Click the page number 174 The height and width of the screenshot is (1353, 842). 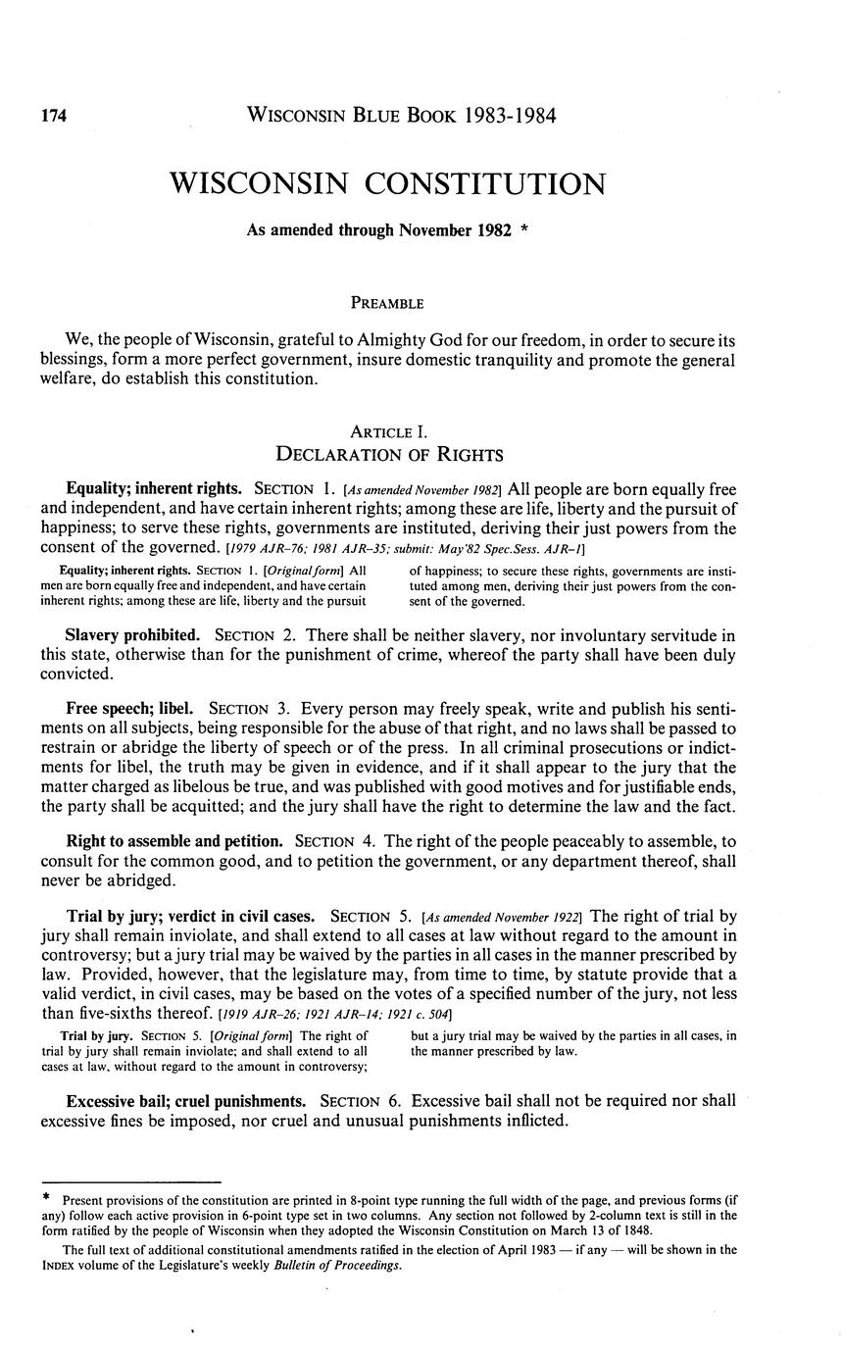pos(53,117)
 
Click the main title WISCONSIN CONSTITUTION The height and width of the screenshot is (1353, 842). pos(388,183)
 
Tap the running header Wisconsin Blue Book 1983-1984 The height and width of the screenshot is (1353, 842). pos(402,117)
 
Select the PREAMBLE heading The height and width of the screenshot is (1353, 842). pos(389,303)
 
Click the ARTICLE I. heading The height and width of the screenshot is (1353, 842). pos(388,431)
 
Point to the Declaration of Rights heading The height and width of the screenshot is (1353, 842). pos(389,454)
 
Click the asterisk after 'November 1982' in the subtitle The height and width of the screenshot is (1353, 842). pos(526,230)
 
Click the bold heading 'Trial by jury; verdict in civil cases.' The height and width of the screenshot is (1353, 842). pos(193,917)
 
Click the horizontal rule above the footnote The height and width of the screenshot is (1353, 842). pos(130,1182)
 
